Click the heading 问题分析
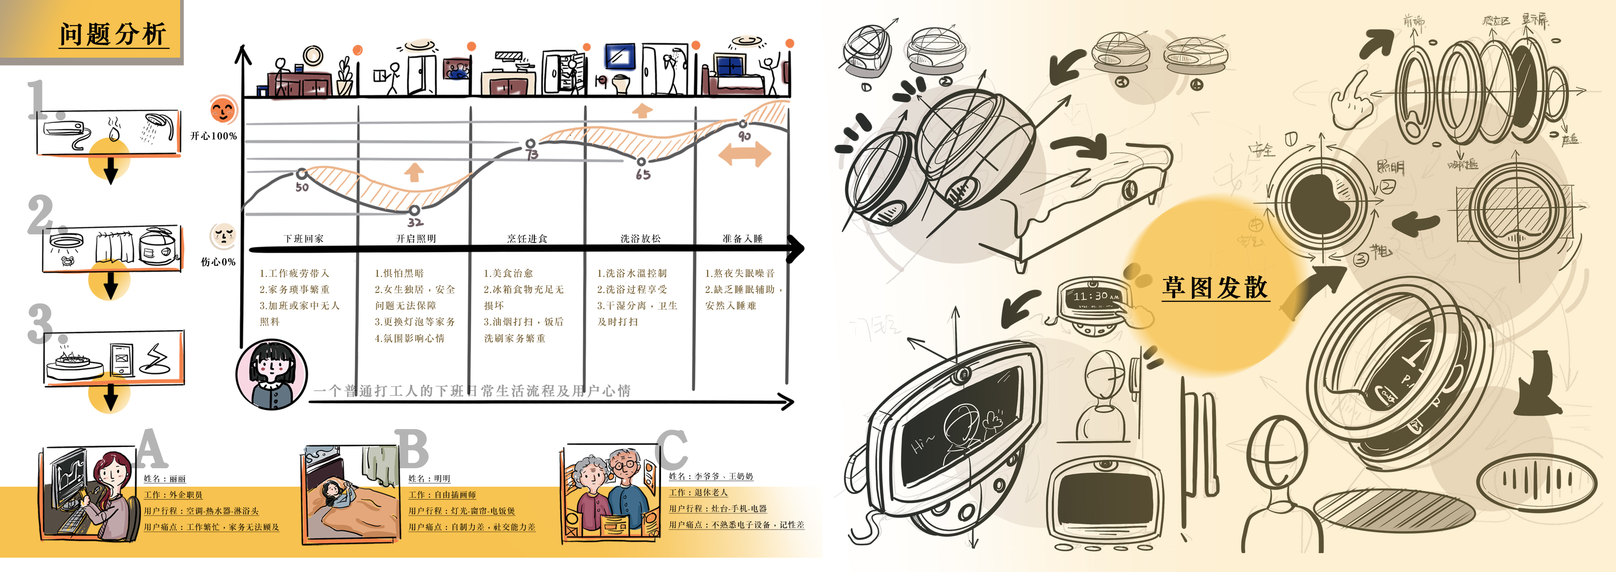tap(113, 34)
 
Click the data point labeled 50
tap(302, 173)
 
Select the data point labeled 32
tap(415, 210)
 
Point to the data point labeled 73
tap(531, 144)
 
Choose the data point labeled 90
tap(743, 124)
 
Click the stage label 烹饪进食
tap(527, 238)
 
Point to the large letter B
tap(413, 450)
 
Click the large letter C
tap(673, 450)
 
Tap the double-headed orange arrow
tap(744, 154)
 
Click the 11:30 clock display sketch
tap(1094, 296)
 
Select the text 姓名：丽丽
tap(165, 478)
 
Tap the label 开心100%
tap(214, 136)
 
